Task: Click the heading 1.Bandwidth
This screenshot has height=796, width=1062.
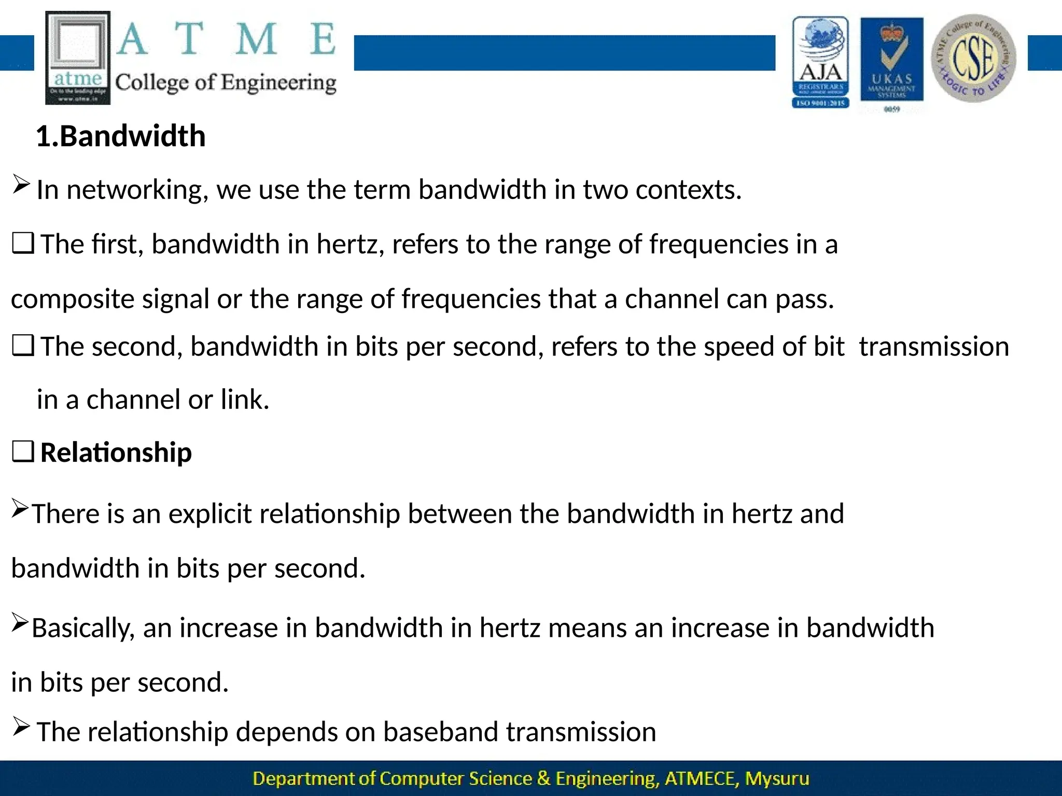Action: [120, 136]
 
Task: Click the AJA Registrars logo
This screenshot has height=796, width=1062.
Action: [820, 62]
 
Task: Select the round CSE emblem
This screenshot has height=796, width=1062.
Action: [973, 58]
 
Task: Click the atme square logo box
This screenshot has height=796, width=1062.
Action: [78, 58]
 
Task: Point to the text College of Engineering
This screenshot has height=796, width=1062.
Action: [226, 83]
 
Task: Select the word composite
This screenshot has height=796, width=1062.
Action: [73, 300]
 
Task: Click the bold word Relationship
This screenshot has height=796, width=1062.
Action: [116, 452]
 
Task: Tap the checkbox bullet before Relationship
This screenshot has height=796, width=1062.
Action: [23, 452]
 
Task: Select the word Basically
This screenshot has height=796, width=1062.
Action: [83, 628]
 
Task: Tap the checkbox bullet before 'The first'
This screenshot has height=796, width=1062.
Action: [23, 244]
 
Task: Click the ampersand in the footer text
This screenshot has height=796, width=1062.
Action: [543, 778]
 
